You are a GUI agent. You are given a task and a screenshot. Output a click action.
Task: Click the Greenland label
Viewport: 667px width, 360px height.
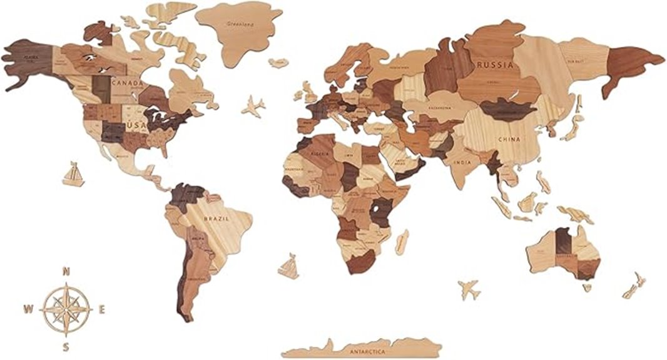coord(240,25)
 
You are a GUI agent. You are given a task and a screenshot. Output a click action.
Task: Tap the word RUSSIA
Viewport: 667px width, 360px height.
coord(495,64)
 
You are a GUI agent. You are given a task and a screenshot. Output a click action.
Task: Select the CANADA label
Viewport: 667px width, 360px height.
coord(127,83)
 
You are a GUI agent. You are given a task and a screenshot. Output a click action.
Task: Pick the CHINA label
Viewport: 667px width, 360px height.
coord(509,140)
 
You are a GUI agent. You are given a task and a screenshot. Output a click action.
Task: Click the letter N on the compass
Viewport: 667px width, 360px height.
coord(66,271)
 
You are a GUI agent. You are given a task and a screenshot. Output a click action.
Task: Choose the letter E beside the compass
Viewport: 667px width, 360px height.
coord(101,308)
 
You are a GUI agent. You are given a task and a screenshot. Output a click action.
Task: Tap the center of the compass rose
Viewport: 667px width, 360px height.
coord(66,308)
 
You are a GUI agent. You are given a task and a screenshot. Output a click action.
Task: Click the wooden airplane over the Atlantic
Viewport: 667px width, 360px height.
coord(253,106)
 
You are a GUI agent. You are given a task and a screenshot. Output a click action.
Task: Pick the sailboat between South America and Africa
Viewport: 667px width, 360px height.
coord(288,267)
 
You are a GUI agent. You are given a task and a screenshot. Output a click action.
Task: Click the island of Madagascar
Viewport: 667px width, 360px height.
coord(402,242)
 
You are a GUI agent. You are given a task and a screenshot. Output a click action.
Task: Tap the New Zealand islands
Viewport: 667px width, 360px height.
coord(633,285)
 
